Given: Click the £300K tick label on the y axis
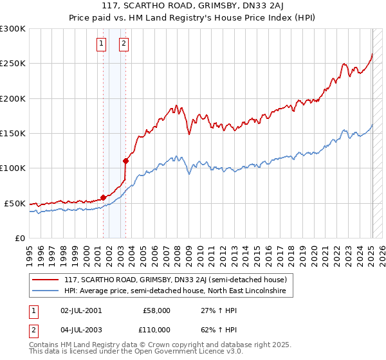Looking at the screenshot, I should click(x=13, y=29).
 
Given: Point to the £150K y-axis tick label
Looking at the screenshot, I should click(x=13, y=133).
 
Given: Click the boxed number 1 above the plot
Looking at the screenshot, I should click(x=102, y=44).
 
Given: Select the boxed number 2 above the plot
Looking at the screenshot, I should click(x=124, y=44).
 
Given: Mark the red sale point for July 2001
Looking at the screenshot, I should click(x=103, y=197).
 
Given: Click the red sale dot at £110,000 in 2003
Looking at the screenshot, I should click(x=125, y=161).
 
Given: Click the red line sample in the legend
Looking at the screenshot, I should click(x=46, y=280).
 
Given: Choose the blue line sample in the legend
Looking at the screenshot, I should click(x=46, y=291).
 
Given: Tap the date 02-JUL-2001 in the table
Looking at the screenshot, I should click(x=80, y=310).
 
